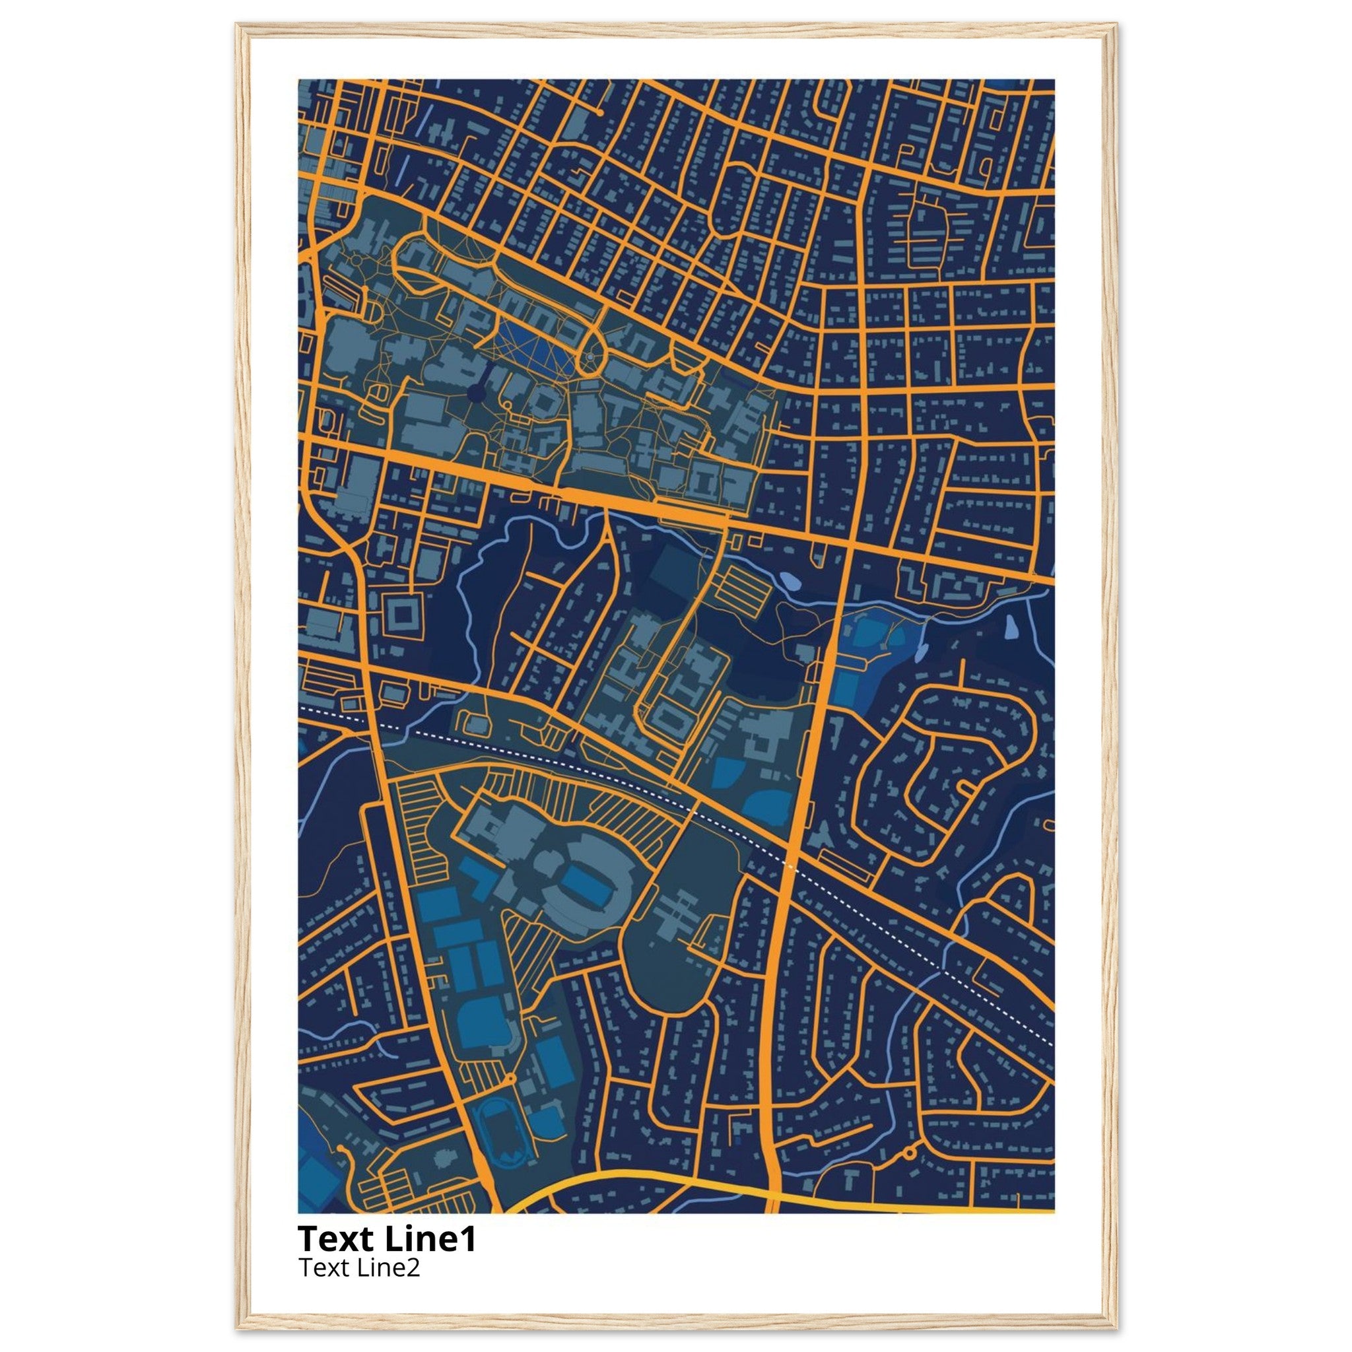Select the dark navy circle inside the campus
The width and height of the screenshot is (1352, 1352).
(x=476, y=395)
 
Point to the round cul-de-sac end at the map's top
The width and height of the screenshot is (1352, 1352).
(x=599, y=112)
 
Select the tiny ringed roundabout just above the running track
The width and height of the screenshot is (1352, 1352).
(x=510, y=1079)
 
